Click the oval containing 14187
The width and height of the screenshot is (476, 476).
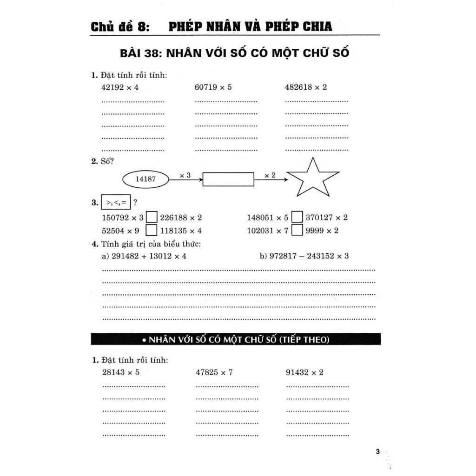click(145, 178)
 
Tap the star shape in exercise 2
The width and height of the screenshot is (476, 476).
click(312, 178)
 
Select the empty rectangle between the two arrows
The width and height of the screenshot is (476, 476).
click(229, 179)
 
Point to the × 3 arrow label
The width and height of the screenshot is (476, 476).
click(185, 175)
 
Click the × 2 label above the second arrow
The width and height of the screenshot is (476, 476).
click(270, 175)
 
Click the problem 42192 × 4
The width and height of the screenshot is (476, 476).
click(120, 87)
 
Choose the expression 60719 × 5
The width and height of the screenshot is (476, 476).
click(213, 87)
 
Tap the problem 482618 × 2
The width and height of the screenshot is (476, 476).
click(306, 87)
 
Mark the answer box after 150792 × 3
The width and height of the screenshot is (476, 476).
click(152, 217)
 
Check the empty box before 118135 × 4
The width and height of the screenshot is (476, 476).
click(152, 230)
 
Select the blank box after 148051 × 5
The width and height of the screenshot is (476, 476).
click(297, 217)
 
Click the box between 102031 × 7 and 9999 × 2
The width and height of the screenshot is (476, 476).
click(297, 230)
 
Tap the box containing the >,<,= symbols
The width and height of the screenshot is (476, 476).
click(116, 203)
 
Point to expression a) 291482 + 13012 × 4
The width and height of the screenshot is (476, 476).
click(144, 256)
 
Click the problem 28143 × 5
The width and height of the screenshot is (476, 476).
click(120, 372)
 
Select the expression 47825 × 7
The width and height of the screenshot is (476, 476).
click(214, 372)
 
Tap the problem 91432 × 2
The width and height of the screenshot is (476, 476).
click(304, 372)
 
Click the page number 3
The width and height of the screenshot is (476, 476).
click(377, 452)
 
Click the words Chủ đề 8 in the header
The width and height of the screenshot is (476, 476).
click(119, 27)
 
